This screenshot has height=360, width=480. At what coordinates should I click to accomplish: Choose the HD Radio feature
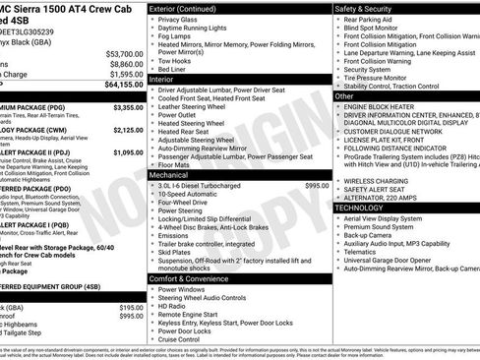[x=173, y=307]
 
